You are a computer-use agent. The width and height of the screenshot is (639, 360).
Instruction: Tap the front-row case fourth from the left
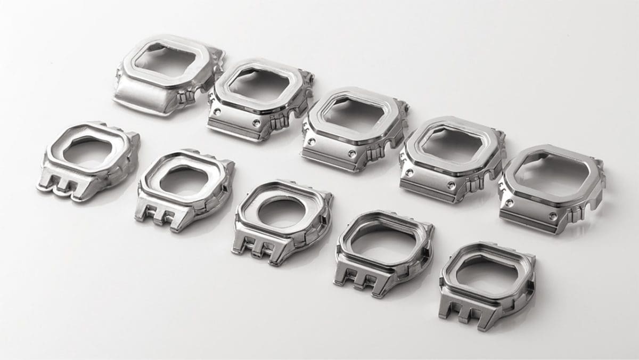[x=383, y=250]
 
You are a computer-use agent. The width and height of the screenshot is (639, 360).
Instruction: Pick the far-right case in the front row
[x=487, y=282]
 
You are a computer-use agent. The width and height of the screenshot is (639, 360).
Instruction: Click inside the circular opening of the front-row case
[x=282, y=210]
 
